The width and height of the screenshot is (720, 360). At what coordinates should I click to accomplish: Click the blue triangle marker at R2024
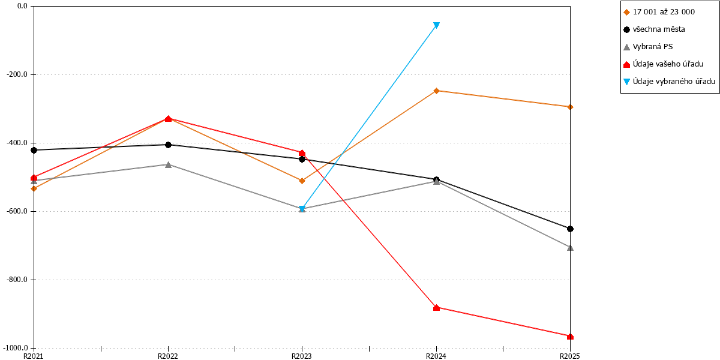click(x=436, y=25)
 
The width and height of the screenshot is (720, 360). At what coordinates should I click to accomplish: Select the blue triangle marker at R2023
click(x=302, y=209)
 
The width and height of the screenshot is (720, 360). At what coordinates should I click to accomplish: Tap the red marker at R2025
click(x=570, y=337)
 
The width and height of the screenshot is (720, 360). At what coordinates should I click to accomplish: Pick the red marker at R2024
click(x=436, y=308)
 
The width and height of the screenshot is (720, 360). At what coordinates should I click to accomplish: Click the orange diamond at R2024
click(x=436, y=91)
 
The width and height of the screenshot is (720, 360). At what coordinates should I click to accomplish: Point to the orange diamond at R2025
click(x=570, y=107)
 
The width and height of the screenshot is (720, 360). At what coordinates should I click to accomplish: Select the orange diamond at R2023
click(x=302, y=181)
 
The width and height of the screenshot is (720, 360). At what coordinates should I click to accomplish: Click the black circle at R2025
click(x=570, y=229)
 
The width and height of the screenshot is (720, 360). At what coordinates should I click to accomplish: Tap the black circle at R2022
click(x=168, y=145)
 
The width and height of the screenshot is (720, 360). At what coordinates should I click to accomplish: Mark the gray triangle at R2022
click(x=168, y=164)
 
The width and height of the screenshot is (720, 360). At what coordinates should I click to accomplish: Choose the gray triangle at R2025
click(x=570, y=247)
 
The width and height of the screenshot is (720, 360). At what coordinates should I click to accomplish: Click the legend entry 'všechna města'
click(x=659, y=29)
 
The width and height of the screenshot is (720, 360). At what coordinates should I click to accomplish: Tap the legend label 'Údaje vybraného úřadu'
click(x=674, y=82)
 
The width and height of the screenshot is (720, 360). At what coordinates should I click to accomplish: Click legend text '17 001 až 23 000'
click(x=664, y=12)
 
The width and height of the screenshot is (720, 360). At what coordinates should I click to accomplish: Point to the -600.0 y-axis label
click(x=17, y=211)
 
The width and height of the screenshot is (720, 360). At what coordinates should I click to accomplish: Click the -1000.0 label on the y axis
click(x=16, y=348)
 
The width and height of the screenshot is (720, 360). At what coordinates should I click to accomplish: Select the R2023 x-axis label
click(x=301, y=356)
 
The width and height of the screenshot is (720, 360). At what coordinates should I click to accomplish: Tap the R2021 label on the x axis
click(x=34, y=356)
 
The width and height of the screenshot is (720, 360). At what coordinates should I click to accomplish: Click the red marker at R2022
click(x=168, y=119)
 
